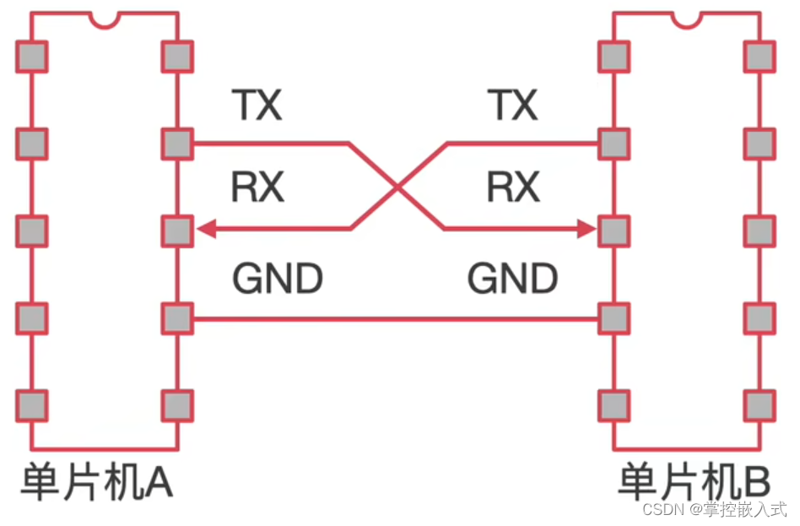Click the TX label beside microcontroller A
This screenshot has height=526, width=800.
(257, 106)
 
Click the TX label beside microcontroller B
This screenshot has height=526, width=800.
(512, 106)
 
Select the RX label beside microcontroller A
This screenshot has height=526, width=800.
(257, 187)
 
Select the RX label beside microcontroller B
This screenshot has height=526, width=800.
(512, 187)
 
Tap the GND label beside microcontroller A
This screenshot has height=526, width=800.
(277, 279)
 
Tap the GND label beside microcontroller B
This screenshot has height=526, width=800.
(512, 279)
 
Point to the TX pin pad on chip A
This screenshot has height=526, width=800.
(177, 144)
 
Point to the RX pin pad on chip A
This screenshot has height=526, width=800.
(177, 229)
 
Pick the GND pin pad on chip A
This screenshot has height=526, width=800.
(177, 319)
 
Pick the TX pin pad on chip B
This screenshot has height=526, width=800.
(614, 144)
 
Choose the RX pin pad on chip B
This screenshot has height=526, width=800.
(614, 229)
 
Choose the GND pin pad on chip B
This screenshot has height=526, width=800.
(614, 319)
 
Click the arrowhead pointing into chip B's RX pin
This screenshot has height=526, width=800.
(587, 229)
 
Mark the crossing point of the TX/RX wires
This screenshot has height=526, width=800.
(397, 186)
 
